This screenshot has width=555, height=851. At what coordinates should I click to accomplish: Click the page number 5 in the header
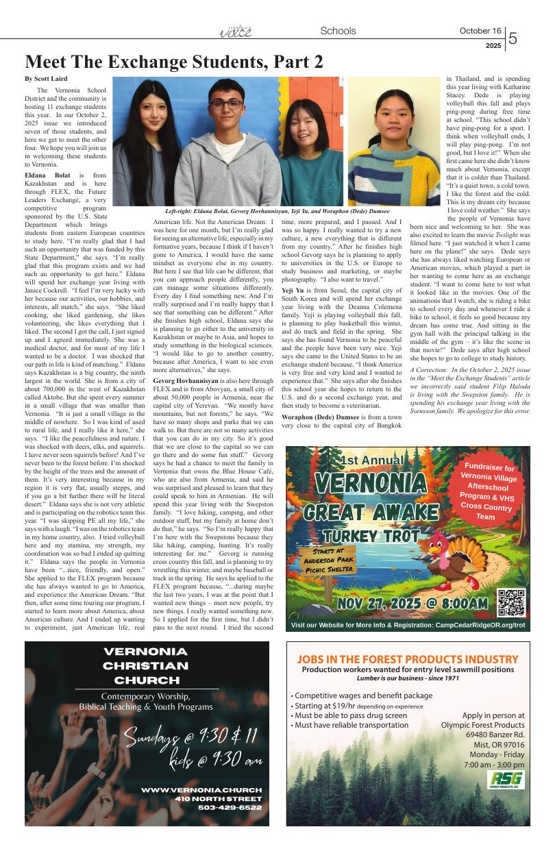(x=513, y=38)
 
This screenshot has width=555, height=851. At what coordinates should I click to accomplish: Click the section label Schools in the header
(x=338, y=31)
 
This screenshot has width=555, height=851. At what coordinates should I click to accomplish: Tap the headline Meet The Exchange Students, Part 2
(x=174, y=62)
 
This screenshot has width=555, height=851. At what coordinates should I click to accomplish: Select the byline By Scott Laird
(x=46, y=79)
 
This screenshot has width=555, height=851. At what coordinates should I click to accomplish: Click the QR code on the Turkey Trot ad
(x=511, y=603)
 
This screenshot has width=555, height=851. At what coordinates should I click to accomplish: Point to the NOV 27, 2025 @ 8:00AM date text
(x=412, y=604)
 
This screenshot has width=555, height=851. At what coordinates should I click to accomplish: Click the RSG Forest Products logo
(x=506, y=780)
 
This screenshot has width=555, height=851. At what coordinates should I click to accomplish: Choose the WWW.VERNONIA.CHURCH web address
(x=201, y=790)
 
